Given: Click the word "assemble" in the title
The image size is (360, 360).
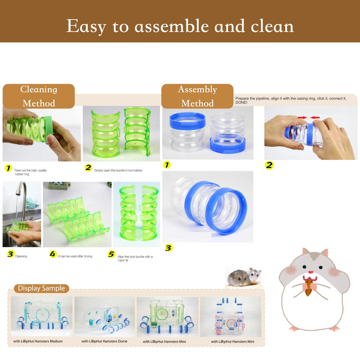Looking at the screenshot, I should pyautogui.click(x=171, y=26).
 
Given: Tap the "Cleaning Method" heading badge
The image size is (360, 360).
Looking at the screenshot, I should pyautogui.click(x=39, y=96).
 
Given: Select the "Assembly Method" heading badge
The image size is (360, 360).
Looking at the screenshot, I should pyautogui.click(x=197, y=96).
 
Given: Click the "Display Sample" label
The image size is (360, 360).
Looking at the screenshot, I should pyautogui.click(x=41, y=288).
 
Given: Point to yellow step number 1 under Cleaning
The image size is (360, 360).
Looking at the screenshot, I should pyautogui.click(x=8, y=169).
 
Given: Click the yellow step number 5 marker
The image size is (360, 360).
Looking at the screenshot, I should pyautogui.click(x=111, y=254).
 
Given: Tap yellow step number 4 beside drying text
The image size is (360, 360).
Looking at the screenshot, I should pyautogui.click(x=53, y=254).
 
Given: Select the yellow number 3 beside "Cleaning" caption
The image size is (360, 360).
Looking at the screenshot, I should pyautogui.click(x=10, y=254).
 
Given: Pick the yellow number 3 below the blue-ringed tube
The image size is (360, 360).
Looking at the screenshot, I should pyautogui.click(x=169, y=248).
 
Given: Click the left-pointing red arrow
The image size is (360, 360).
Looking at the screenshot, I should pyautogui.click(x=315, y=117).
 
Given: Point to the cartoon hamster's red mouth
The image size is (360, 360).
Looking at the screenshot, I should pyautogui.click(x=311, y=272).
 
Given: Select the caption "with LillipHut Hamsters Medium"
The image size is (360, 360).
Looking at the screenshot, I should pyautogui.click(x=38, y=341).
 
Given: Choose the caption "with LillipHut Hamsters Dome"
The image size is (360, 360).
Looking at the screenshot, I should pyautogui.click(x=104, y=341).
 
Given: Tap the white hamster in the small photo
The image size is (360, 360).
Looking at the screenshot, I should pyautogui.click(x=254, y=276).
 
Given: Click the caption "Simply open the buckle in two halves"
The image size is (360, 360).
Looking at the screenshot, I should pyautogui.click(x=118, y=171).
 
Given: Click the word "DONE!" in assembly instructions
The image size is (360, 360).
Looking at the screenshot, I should pyautogui.click(x=242, y=103).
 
